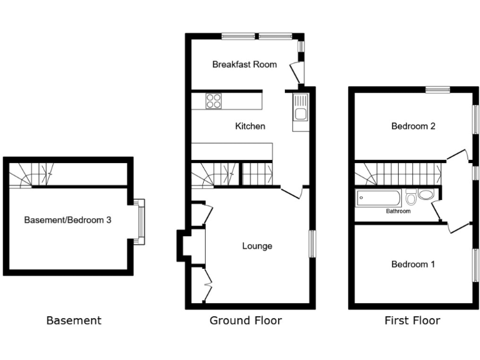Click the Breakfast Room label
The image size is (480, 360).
click(244, 64)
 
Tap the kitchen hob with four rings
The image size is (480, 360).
click(214, 101)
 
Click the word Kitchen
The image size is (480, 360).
click(250, 126)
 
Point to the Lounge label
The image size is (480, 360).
click(257, 246)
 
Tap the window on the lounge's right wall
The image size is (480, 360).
click(312, 244)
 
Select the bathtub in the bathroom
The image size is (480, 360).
click(378, 199)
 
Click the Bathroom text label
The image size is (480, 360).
click(397, 212)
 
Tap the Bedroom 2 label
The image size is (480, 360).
click(413, 126)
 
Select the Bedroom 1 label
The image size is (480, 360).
click(413, 264)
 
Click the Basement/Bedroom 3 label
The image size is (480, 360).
click(67, 220)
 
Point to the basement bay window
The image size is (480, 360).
click(140, 222)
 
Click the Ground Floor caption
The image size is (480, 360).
click(246, 321)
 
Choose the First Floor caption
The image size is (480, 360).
click(412, 321)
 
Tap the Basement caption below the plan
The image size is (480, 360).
click(74, 321)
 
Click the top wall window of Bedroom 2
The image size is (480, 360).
click(438, 90)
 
